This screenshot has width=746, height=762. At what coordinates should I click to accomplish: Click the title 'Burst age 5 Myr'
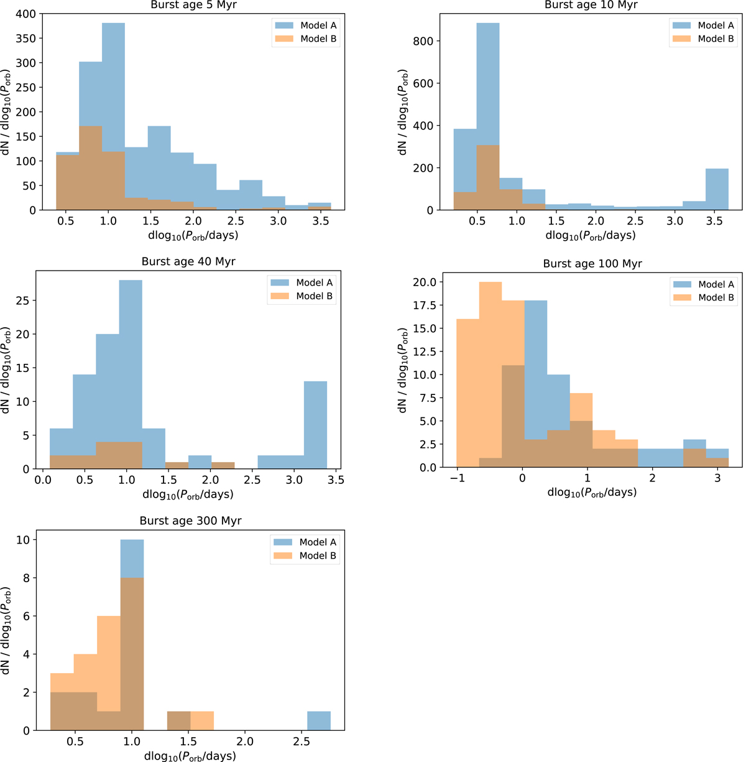tap(193, 5)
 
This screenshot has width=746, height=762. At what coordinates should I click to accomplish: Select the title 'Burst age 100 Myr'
tap(592, 264)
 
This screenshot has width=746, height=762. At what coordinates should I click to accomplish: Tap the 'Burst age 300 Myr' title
tap(190, 521)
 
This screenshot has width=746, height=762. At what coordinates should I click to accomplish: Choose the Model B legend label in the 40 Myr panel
tap(314, 296)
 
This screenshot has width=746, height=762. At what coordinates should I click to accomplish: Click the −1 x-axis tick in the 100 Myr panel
tap(457, 478)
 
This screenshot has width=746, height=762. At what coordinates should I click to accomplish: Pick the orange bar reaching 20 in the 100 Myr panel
tap(490, 373)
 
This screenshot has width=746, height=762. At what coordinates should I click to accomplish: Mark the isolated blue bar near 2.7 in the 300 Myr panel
tap(319, 721)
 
